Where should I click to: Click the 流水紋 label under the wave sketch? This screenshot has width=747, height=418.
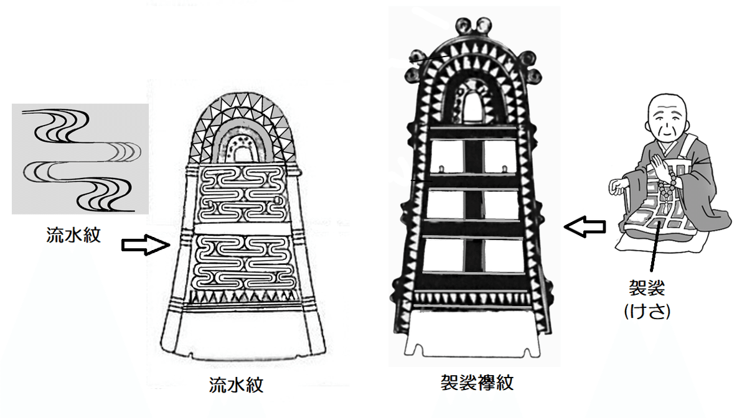73,235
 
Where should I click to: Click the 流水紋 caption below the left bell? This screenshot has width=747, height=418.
236,385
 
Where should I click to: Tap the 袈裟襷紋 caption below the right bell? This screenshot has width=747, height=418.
477,383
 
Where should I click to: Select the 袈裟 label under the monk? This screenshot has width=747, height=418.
647,287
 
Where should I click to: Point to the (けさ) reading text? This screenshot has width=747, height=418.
647,311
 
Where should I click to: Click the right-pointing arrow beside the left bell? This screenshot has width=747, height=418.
146,245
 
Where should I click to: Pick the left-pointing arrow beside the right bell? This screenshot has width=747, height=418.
585,226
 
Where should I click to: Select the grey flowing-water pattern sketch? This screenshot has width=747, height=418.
80,159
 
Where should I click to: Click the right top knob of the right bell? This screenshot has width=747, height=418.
483,25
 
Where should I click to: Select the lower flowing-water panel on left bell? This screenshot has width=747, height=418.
245,262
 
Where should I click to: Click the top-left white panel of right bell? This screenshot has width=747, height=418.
447,156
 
